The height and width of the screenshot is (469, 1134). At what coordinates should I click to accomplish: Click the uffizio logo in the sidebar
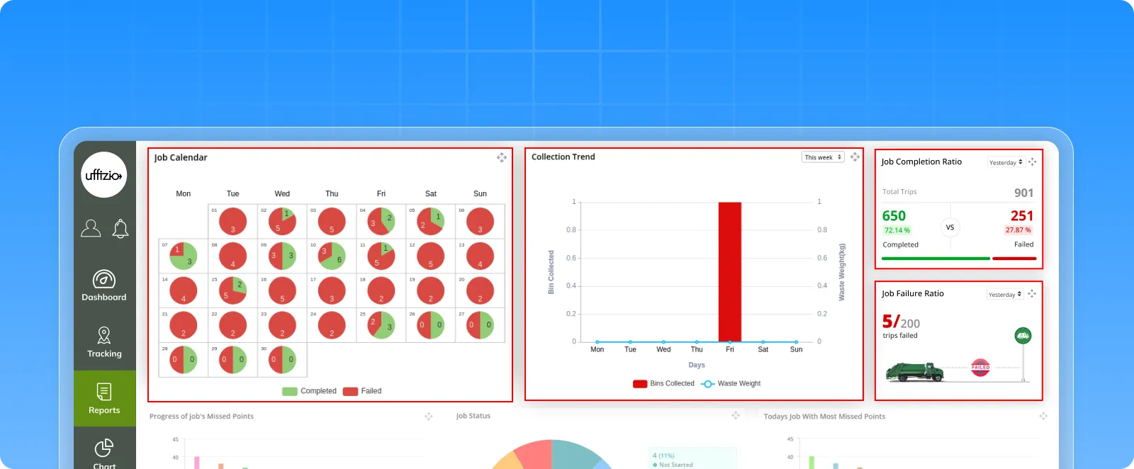[103, 175]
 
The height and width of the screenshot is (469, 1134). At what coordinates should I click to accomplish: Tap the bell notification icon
[120, 228]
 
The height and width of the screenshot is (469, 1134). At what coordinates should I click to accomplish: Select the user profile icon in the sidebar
[91, 228]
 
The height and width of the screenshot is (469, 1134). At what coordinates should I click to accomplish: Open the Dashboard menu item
[104, 286]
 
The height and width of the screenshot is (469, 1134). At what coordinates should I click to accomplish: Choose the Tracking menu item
[104, 342]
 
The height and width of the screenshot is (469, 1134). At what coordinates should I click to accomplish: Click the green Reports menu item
[104, 398]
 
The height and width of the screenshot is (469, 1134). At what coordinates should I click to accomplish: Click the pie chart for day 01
[232, 222]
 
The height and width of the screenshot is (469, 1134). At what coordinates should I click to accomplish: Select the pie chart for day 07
[183, 256]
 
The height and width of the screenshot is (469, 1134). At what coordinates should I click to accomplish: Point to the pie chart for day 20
[480, 290]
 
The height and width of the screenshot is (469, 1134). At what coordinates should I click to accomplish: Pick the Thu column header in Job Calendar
[332, 193]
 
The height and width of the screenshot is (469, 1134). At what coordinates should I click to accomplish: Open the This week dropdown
[823, 157]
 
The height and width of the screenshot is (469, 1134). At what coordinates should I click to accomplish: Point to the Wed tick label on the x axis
[663, 349]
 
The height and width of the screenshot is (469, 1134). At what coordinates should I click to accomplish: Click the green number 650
[894, 216]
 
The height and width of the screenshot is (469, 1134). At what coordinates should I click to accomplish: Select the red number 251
[1021, 216]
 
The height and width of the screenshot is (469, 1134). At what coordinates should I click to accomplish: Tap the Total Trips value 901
[1023, 193]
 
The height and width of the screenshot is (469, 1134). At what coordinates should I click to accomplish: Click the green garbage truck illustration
[914, 371]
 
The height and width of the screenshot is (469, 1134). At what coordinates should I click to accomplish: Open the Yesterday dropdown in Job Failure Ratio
[1005, 295]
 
